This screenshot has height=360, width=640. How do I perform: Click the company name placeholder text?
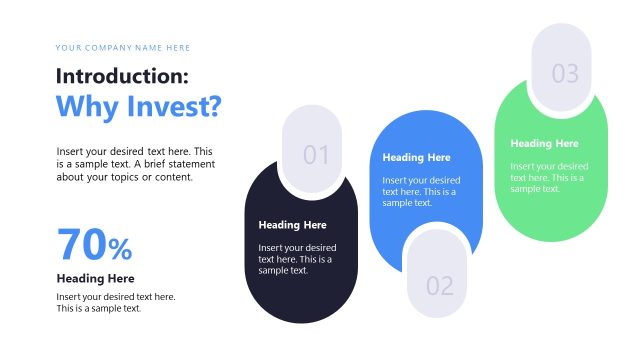coord(123,48)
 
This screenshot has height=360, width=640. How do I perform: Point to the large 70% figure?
coord(94,245)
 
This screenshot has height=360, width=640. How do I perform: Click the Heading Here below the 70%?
coord(95,278)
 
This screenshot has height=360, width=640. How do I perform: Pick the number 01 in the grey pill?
coord(316,155)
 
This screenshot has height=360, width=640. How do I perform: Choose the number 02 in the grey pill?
coord(440,286)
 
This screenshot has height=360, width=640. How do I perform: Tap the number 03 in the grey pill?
coord(565,73)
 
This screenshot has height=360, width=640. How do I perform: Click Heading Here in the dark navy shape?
coord(292,225)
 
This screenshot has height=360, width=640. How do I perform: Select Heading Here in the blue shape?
coord(416,157)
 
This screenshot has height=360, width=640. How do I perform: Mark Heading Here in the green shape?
coord(544,144)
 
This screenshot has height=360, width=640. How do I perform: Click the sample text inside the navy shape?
coord(297,258)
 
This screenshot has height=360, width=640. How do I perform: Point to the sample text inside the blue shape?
coord(421,191)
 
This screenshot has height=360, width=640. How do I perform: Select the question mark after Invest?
coord(213,105)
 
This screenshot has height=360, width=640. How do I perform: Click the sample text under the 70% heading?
coord(115,302)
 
